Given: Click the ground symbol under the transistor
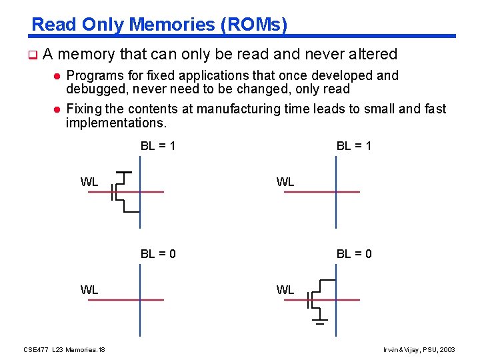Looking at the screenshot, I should pos(320,323).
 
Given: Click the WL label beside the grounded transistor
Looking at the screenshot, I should pos(285,289).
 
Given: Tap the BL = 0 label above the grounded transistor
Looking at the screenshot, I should pos(354,253).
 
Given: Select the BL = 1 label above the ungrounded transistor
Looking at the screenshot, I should pos(158,145).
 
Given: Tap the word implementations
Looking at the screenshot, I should pos(116,123).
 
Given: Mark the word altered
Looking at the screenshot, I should pos(372,54).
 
